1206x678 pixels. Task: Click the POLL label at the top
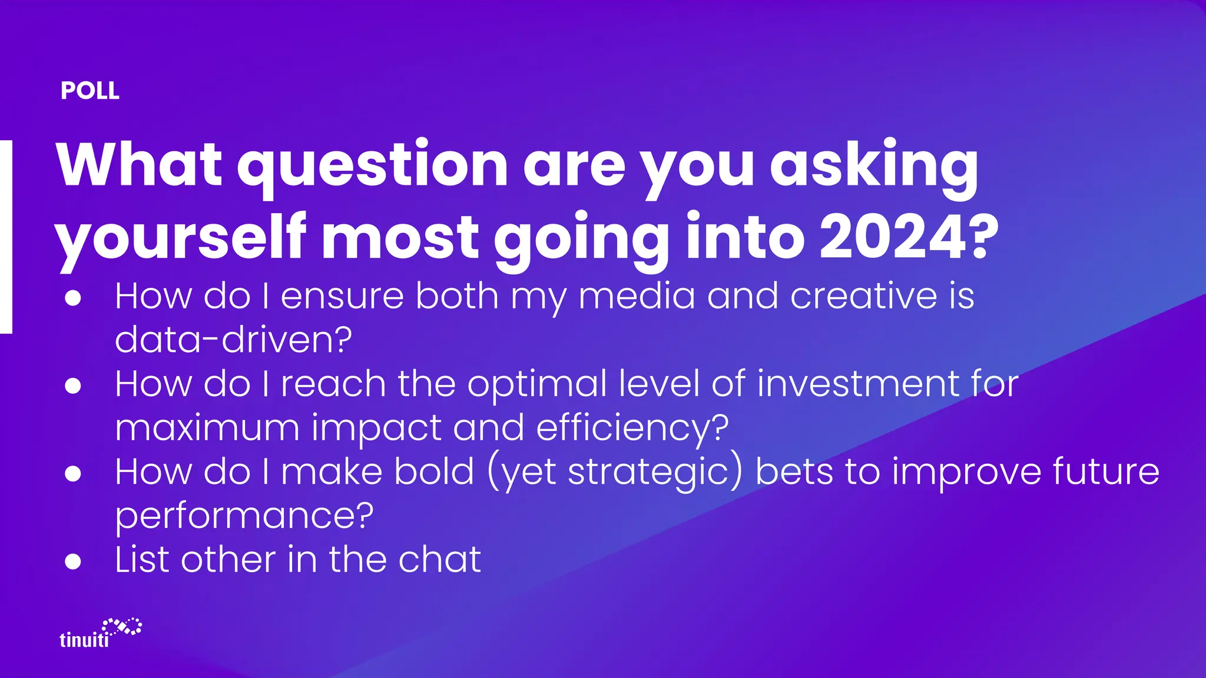tap(90, 91)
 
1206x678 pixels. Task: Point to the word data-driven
tap(233, 340)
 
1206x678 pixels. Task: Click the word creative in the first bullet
tap(863, 295)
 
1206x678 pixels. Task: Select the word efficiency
tap(632, 428)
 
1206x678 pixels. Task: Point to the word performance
tap(244, 516)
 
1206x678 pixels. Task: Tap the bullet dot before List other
tap(73, 561)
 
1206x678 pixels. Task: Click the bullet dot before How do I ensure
tap(73, 298)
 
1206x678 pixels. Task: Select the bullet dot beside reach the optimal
tap(73, 386)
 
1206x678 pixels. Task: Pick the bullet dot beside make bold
tap(73, 474)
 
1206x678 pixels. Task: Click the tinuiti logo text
tap(84, 640)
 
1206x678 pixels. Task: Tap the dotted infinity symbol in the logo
tap(122, 626)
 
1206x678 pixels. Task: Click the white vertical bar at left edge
tap(5, 237)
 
